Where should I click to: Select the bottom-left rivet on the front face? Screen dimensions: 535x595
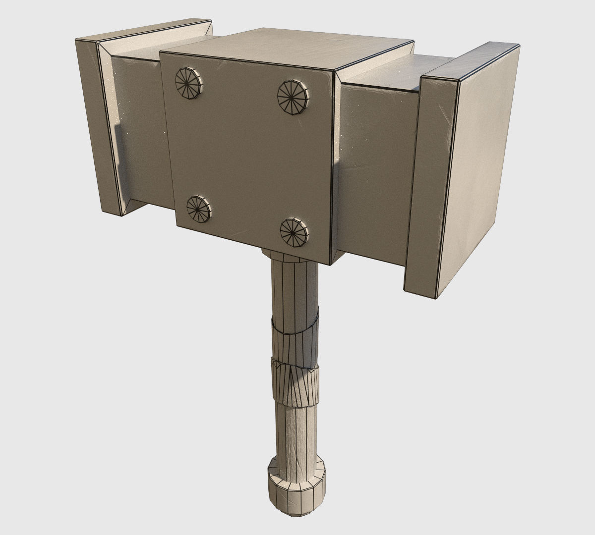click(198, 208)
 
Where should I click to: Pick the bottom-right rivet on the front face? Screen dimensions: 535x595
click(294, 232)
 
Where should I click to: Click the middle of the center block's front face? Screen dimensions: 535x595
click(245, 154)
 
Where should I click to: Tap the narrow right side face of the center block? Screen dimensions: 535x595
click(335, 163)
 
